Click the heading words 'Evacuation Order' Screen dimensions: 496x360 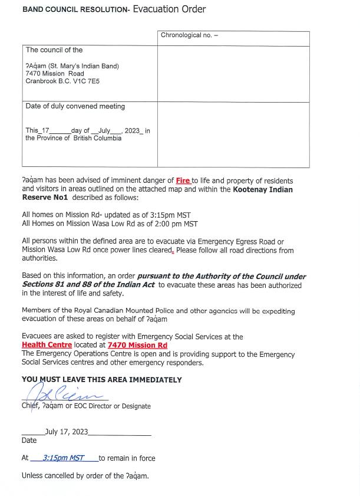(x=169, y=9)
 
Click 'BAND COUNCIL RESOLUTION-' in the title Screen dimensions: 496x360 (x=76, y=11)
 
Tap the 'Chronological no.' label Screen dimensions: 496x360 (x=186, y=35)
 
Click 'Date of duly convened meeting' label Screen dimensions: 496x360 (x=75, y=107)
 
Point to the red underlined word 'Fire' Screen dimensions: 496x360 (x=183, y=180)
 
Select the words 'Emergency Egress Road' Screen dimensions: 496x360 (x=242, y=242)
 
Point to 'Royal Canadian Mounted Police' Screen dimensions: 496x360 (x=119, y=311)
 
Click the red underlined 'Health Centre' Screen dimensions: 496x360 (x=47, y=345)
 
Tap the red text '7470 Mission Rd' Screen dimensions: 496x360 (x=137, y=345)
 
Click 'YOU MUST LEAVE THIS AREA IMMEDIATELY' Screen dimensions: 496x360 (x=102, y=380)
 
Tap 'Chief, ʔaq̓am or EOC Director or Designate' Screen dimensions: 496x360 (x=86, y=406)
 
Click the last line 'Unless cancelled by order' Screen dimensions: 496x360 (x=85, y=475)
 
